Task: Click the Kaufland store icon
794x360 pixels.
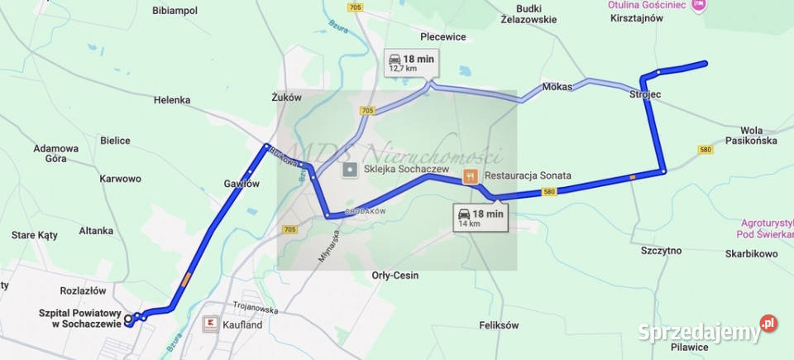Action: point(209,324)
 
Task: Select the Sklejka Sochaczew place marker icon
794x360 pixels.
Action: point(350,170)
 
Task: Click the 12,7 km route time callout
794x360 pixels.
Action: point(411,62)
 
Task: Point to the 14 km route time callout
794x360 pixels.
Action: point(481,218)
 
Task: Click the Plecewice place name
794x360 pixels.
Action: point(443,36)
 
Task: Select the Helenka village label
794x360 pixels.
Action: point(172,100)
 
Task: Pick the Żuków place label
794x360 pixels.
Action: point(287,97)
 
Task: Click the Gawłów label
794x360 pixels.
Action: point(242,184)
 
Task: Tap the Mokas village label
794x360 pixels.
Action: point(557,87)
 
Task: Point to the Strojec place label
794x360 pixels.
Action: point(645,95)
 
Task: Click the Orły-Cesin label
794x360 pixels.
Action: point(395,275)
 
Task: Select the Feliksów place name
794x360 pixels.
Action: point(499,325)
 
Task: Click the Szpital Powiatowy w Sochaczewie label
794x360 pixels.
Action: point(80,319)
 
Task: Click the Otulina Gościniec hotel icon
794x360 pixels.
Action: point(698,5)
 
